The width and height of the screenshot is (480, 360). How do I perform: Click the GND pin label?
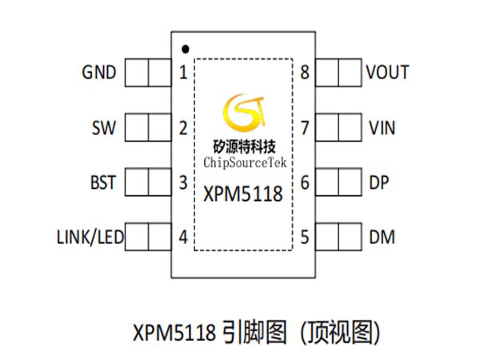click(x=99, y=73)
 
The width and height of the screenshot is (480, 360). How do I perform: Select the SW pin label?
click(x=104, y=128)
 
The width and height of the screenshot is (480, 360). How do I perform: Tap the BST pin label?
click(x=103, y=182)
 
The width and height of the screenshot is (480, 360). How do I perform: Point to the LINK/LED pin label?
click(x=90, y=237)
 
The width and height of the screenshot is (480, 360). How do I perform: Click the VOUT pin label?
click(x=387, y=73)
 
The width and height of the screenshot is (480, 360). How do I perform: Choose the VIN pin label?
click(x=382, y=128)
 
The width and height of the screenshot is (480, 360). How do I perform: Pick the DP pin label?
click(x=379, y=182)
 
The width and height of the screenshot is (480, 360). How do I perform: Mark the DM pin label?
click(x=382, y=238)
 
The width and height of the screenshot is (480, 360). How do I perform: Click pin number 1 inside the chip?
click(x=183, y=73)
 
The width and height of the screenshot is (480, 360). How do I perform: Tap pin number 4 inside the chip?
click(x=183, y=237)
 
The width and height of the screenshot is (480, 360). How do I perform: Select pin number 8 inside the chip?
click(x=305, y=73)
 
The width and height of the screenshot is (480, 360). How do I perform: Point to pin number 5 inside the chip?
click(x=305, y=237)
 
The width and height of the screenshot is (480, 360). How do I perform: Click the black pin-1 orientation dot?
click(x=186, y=49)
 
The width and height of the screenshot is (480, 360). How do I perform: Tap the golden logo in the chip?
click(x=244, y=112)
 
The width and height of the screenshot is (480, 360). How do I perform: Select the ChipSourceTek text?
click(x=245, y=162)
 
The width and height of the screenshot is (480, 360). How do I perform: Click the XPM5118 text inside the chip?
click(x=242, y=194)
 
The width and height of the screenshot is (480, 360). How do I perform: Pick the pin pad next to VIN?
click(x=338, y=127)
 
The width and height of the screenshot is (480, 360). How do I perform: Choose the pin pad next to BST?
click(x=148, y=182)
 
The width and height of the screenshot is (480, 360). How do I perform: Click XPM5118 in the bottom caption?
click(x=174, y=333)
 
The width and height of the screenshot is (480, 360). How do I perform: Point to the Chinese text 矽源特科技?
click(x=244, y=146)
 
